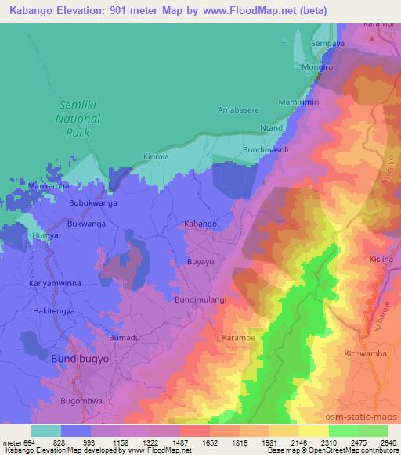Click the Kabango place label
click(200, 224)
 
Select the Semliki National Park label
click(78, 118)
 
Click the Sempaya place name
click(327, 44)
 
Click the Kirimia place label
click(156, 157)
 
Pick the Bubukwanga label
click(92, 202)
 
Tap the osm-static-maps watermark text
click(368, 415)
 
